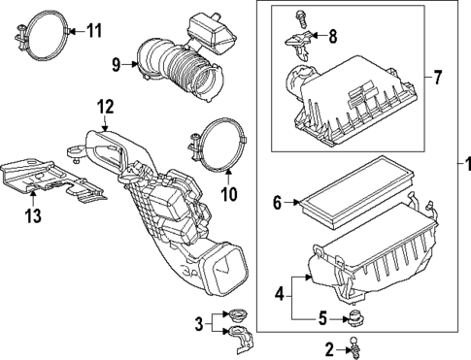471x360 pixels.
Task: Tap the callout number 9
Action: coord(117,65)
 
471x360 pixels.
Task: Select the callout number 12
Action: coord(105,104)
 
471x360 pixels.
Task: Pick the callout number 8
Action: coord(335,38)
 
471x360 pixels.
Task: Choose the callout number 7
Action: coord(436,75)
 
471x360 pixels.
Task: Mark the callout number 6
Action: coord(277,203)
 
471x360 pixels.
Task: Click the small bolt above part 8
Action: coord(301,16)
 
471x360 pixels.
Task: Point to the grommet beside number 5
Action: coord(355,318)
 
